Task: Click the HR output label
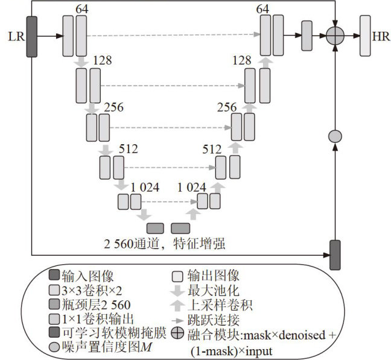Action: (x=381, y=37)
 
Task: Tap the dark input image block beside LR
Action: (x=32, y=37)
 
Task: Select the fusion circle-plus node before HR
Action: (x=334, y=37)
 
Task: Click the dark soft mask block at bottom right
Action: (x=334, y=254)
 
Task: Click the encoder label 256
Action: (x=114, y=107)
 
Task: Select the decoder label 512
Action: (x=212, y=148)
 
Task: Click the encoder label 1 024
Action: (x=145, y=187)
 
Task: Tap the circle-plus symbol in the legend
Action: (x=176, y=333)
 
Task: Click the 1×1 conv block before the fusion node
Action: (x=307, y=36)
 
